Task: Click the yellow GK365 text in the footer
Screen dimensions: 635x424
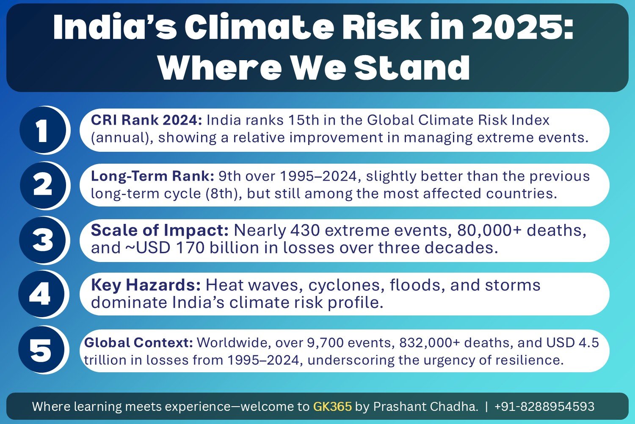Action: (x=332, y=406)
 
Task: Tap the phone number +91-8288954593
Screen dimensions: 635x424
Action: (x=544, y=406)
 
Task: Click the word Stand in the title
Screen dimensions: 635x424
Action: (x=412, y=68)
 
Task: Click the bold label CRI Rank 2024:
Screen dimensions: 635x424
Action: (x=146, y=120)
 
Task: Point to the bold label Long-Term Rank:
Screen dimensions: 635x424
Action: (x=152, y=176)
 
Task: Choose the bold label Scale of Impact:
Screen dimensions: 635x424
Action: (x=160, y=230)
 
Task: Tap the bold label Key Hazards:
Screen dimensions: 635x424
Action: (x=146, y=285)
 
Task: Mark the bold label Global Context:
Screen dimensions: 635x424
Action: (x=138, y=343)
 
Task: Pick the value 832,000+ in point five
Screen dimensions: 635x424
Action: (x=430, y=343)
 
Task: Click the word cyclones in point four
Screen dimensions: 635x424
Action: (x=347, y=285)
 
